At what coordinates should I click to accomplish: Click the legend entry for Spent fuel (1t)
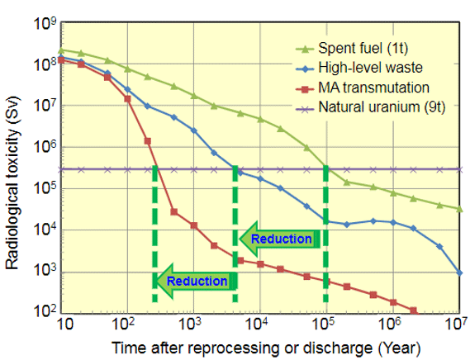pyautogui.click(x=351, y=48)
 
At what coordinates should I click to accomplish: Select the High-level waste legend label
pyautogui.click(x=358, y=68)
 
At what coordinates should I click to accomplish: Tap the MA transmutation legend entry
pyautogui.click(x=362, y=88)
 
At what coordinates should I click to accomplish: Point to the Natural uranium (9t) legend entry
pyautogui.click(x=370, y=107)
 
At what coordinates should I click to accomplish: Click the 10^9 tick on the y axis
pyautogui.click(x=45, y=23)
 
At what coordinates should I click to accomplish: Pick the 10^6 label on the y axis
pyautogui.click(x=45, y=147)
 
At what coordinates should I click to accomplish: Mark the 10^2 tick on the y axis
pyautogui.click(x=45, y=310)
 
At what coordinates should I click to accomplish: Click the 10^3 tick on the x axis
pyautogui.click(x=190, y=324)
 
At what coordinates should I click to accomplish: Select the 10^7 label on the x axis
pyautogui.click(x=456, y=324)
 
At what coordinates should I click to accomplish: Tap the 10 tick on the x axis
pyautogui.click(x=64, y=324)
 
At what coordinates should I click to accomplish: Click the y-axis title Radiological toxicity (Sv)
pyautogui.click(x=12, y=182)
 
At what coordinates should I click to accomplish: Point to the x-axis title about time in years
pyautogui.click(x=266, y=348)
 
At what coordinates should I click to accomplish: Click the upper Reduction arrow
pyautogui.click(x=279, y=239)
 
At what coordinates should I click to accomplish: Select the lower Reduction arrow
pyautogui.click(x=196, y=282)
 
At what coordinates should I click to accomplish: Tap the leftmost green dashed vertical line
pyautogui.click(x=154, y=234)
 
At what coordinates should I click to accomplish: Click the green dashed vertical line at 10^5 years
pyautogui.click(x=325, y=234)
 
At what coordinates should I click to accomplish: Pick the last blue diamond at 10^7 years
pyautogui.click(x=460, y=273)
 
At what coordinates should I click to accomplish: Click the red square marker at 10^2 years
pyautogui.click(x=127, y=98)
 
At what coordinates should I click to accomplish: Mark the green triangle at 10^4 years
pyautogui.click(x=260, y=119)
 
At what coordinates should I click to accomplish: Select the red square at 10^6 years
pyautogui.click(x=393, y=302)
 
